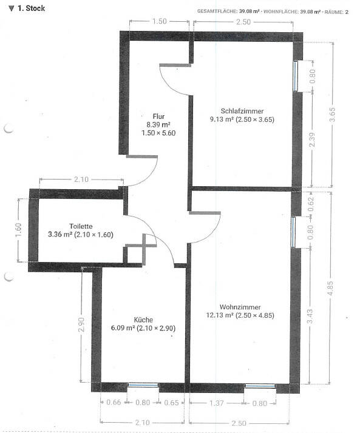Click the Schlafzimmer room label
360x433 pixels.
pos(242,111)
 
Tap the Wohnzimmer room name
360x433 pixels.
pos(240,307)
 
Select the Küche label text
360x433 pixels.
pos(143,320)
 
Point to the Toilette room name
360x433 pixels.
pos(81,226)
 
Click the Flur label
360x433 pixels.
pos(158,116)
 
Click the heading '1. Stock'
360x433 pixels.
pos(31,8)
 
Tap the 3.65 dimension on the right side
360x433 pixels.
pos(332,115)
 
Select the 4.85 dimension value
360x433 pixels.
pos(330,288)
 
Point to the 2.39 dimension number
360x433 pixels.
pos(312,139)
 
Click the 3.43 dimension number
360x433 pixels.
pos(310,316)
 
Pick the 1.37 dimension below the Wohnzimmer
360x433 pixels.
pos(216,403)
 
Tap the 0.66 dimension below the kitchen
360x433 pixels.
pos(114,402)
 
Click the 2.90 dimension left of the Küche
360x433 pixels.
pos(81,325)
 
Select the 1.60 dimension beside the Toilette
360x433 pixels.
pos(18,230)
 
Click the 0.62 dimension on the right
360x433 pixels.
pos(311,204)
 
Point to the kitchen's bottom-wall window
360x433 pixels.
pos(143,385)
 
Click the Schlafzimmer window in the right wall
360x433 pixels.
pos(295,76)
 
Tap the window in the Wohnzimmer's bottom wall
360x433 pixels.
pos(260,386)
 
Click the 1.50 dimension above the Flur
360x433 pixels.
pos(159,21)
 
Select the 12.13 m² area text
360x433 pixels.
pos(220,315)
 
